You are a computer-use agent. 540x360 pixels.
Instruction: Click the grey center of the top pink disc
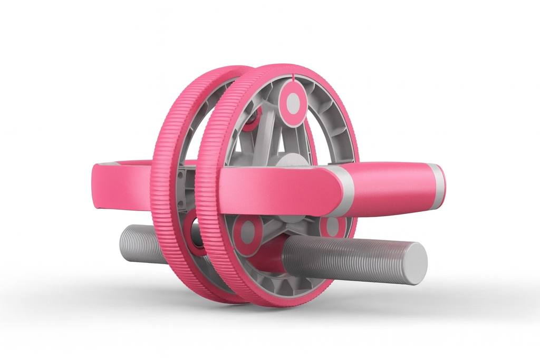point(293,102)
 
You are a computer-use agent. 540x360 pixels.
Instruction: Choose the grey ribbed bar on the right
point(348,258)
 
